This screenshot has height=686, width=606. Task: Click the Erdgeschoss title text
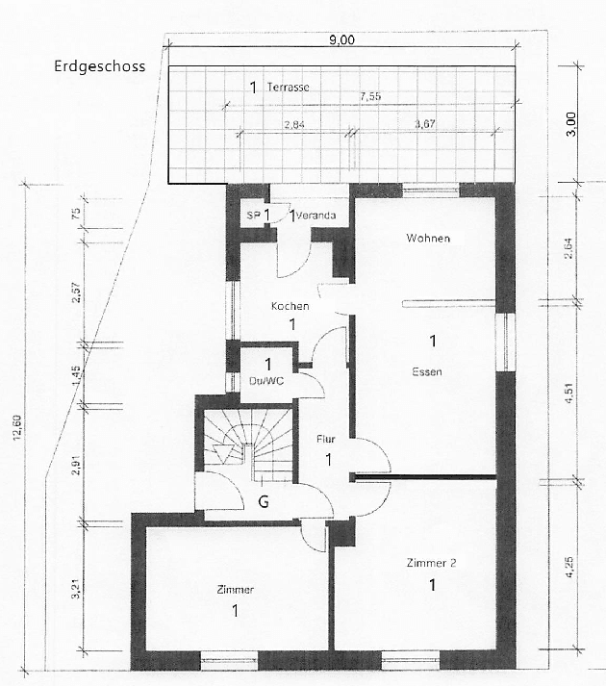[x=101, y=67]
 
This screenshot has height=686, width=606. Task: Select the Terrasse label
[x=290, y=88]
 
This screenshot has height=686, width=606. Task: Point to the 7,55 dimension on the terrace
[x=368, y=97]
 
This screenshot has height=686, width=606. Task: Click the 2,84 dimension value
[x=293, y=125]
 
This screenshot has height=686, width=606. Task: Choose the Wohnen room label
[x=428, y=238]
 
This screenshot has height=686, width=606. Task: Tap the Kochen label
[x=290, y=306]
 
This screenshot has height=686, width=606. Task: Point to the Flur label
[x=326, y=439]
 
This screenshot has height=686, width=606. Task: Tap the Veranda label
[x=316, y=216]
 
